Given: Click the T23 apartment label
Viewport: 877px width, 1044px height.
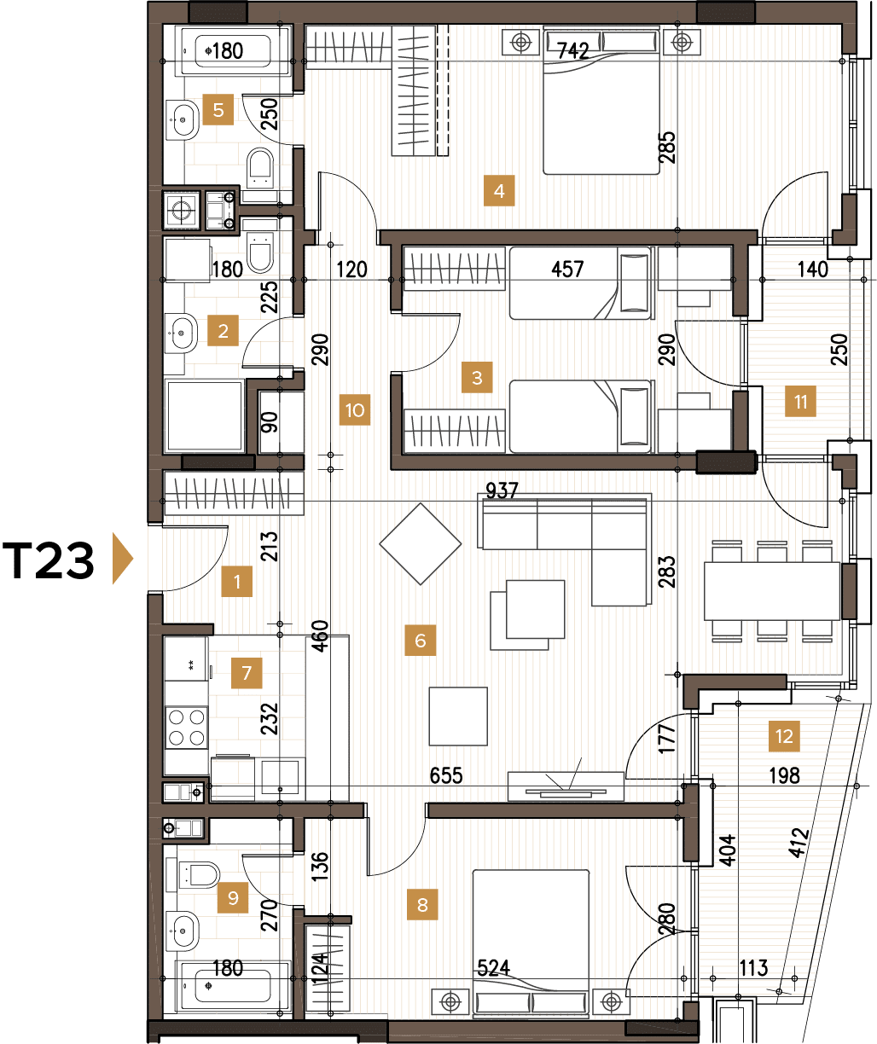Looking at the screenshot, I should pos(49,561).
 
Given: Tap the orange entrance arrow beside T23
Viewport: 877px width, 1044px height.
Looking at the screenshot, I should pos(123,560).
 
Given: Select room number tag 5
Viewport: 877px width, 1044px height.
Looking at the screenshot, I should pos(218,110).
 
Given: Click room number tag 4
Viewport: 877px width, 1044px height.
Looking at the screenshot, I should pos(499,191).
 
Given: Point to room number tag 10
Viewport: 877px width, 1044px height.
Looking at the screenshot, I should pos(355,410).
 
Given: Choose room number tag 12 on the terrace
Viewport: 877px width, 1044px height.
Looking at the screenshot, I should pos(785,735).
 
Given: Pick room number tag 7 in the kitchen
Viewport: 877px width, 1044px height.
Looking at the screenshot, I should pos(247,673).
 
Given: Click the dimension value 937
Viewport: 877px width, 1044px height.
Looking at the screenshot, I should pos(502,490).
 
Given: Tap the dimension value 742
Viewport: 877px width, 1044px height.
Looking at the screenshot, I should pos(572,51).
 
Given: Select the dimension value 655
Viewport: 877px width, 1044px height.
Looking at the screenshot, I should pos(446,775).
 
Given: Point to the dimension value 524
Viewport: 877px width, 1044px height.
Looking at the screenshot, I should pos(493,967).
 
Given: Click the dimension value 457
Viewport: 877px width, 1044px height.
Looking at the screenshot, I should pos(567,270).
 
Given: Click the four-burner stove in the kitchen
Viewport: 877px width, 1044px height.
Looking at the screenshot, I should pos(186,727).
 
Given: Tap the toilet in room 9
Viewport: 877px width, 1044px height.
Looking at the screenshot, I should pos(199,874).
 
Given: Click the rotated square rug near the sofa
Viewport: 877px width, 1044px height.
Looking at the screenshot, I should pos(421,543).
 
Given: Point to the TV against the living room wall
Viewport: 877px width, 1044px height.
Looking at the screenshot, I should pos(565,784).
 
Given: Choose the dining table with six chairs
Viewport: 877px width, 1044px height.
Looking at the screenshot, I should pos(772,590).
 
